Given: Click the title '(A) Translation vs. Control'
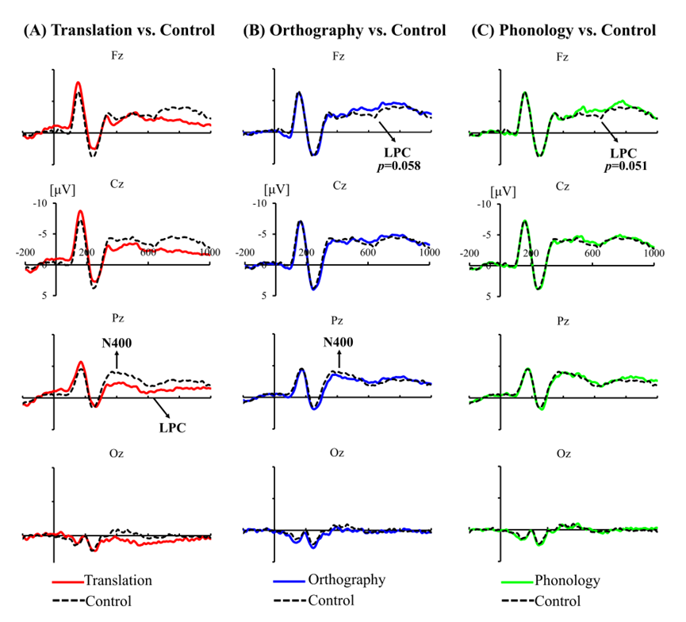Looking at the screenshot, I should pos(119,31).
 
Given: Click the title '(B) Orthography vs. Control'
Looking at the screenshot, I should pos(343,31).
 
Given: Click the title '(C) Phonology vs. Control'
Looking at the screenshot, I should pos(563,31).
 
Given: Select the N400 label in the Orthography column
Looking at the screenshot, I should pos(339,342).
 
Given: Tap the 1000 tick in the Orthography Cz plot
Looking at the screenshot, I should pos(429,252).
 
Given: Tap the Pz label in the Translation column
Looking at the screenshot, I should pos(117,323).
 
